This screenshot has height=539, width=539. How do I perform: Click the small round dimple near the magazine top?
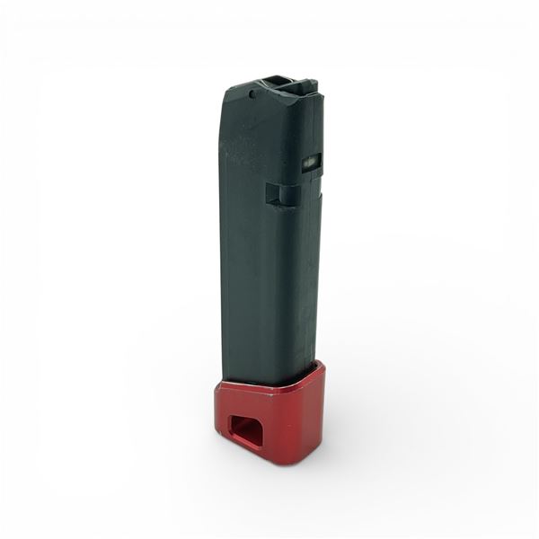pos(254,93)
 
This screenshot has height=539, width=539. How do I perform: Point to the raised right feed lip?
pos(307,86)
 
